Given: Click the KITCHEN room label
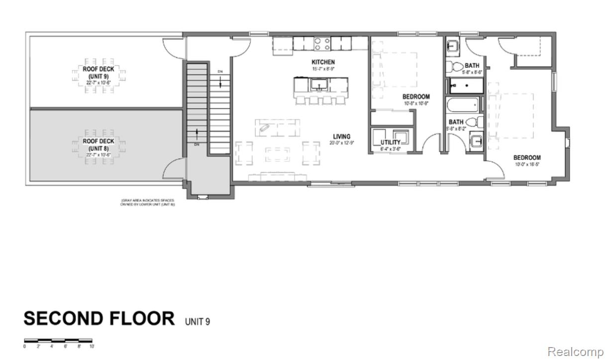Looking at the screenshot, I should pos(323,62).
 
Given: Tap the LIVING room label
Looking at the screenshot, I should pos(342,136).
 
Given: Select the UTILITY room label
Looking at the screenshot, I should pos(391,142).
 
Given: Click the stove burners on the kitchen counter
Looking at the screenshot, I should pos(321,43).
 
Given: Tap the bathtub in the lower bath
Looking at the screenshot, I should pos(463,106).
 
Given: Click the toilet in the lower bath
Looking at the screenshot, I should pos(479,121).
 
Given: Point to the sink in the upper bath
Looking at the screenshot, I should pos(453,46).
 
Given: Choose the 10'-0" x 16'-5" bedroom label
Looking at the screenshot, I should pos(527,158).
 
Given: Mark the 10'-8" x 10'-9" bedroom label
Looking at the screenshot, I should pos(415,97).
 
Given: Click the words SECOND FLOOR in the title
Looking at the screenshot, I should pos(99,318).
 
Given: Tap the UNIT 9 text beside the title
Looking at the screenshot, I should pos(198,321).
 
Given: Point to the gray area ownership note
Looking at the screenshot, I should pos(148,202).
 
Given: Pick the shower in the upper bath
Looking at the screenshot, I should pos(466,86).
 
